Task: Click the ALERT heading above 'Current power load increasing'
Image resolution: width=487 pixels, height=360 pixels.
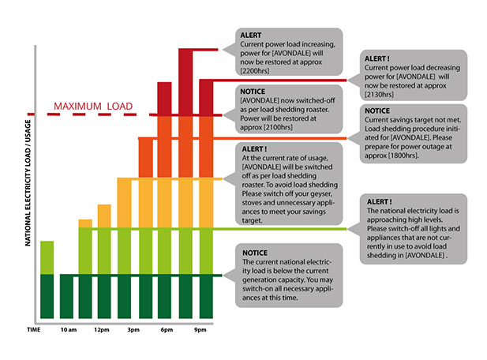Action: click(x=253, y=34)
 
